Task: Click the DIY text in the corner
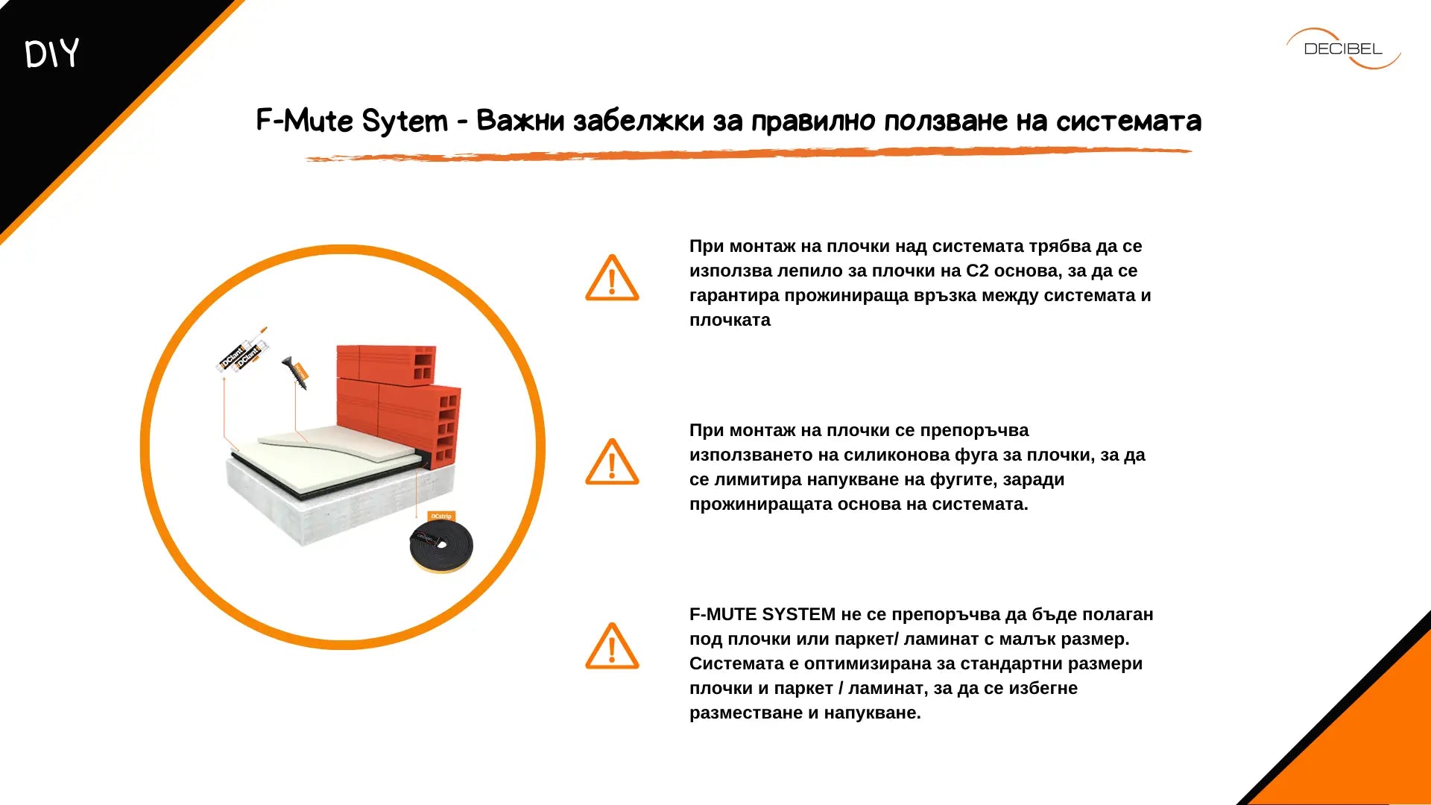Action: click(x=51, y=54)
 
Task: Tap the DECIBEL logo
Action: click(x=1343, y=48)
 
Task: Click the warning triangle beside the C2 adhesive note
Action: click(x=612, y=278)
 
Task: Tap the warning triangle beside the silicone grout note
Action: click(x=612, y=462)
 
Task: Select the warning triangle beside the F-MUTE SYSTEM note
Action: click(x=612, y=646)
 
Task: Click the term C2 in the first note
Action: click(x=977, y=271)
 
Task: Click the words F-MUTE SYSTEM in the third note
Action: click(x=762, y=614)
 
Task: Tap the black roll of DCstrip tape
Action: click(x=441, y=546)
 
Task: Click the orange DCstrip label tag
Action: click(x=440, y=516)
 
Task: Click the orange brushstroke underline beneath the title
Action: click(x=748, y=154)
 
